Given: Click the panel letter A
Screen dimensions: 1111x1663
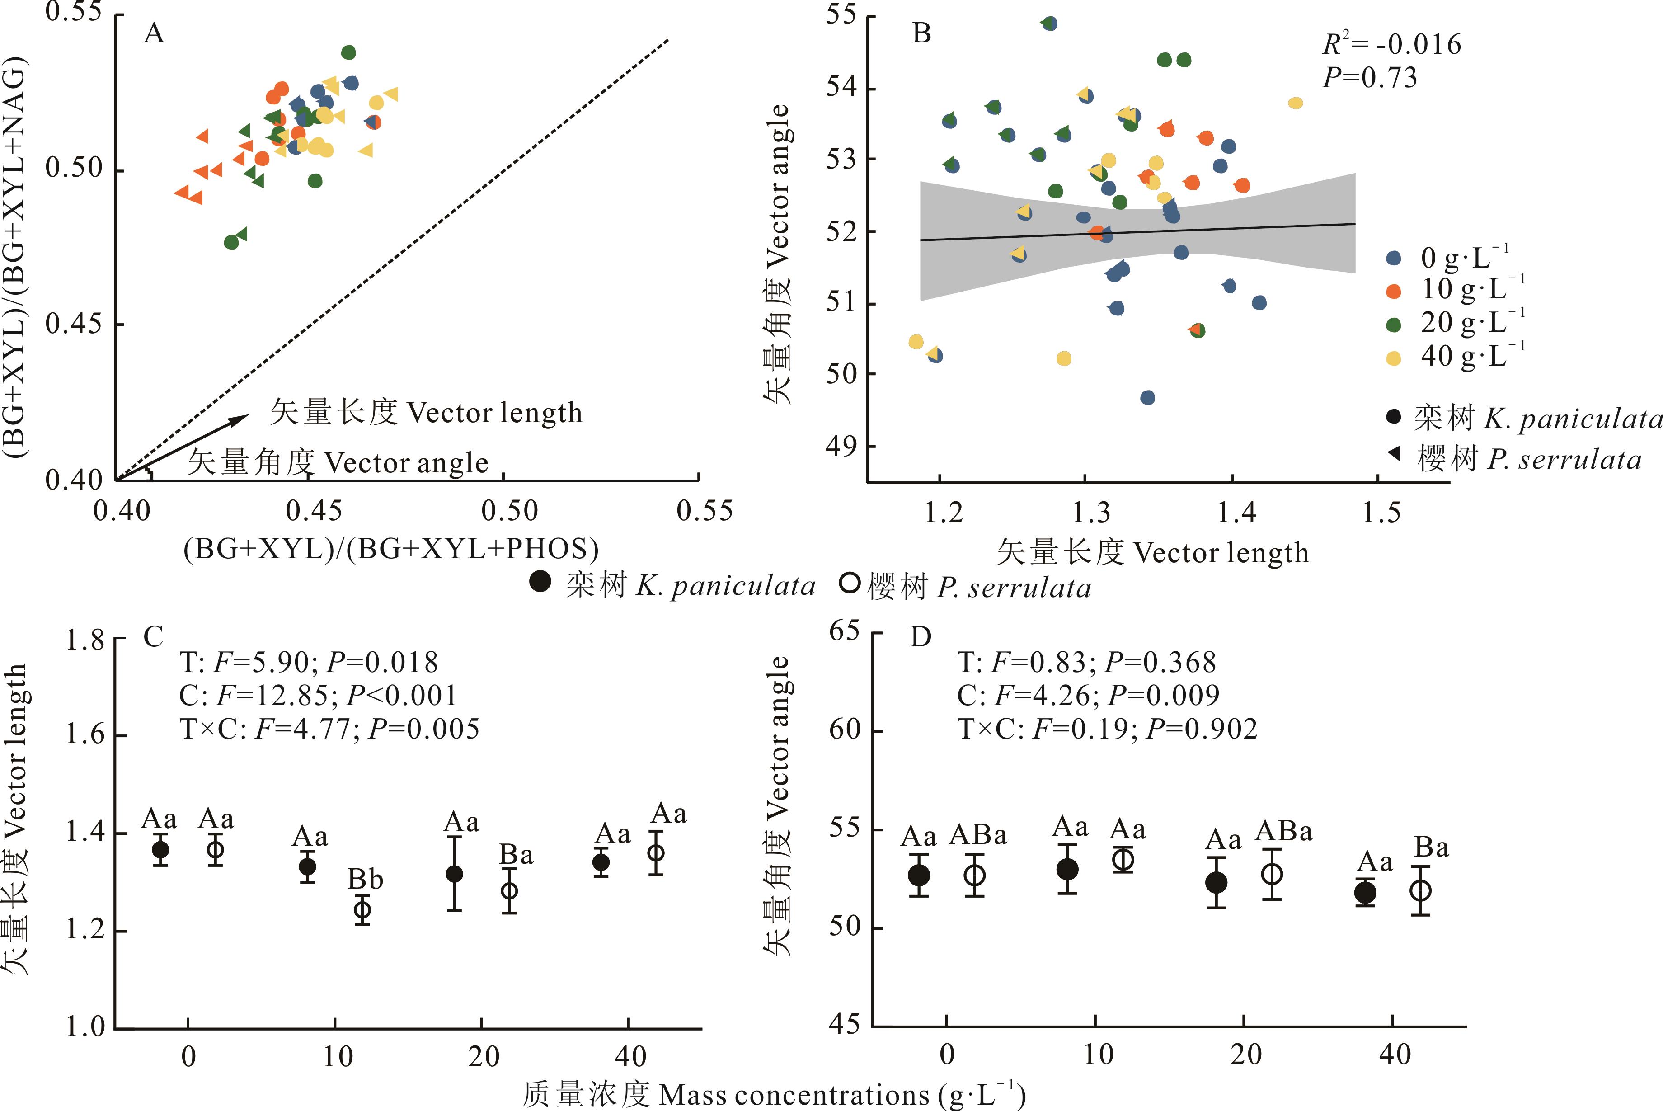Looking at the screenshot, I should tap(154, 33).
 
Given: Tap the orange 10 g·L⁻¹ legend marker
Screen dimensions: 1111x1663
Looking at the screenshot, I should tap(1393, 291).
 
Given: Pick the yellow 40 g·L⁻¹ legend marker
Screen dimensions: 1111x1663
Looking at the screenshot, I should tap(1393, 358).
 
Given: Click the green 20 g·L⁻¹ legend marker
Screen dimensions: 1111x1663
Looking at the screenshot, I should tap(1393, 325).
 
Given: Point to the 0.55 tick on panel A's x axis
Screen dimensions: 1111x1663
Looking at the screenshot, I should tap(704, 511).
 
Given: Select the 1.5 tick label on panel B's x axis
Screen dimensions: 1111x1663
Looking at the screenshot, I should tap(1381, 512).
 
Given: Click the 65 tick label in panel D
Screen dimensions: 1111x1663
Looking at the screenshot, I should tap(844, 631).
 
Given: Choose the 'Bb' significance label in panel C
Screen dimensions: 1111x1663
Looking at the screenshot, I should tap(365, 879).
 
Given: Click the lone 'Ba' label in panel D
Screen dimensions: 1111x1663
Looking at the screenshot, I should tap(1431, 847).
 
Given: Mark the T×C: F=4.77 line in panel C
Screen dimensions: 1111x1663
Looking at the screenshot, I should tap(329, 728).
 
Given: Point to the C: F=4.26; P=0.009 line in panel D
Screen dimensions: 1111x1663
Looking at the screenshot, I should tap(1088, 695).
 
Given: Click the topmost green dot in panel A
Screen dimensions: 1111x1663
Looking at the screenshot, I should tap(348, 52).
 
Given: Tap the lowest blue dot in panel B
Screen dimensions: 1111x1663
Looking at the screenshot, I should tap(1147, 397).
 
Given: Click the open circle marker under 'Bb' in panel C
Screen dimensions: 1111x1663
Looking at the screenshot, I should tap(362, 910).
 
